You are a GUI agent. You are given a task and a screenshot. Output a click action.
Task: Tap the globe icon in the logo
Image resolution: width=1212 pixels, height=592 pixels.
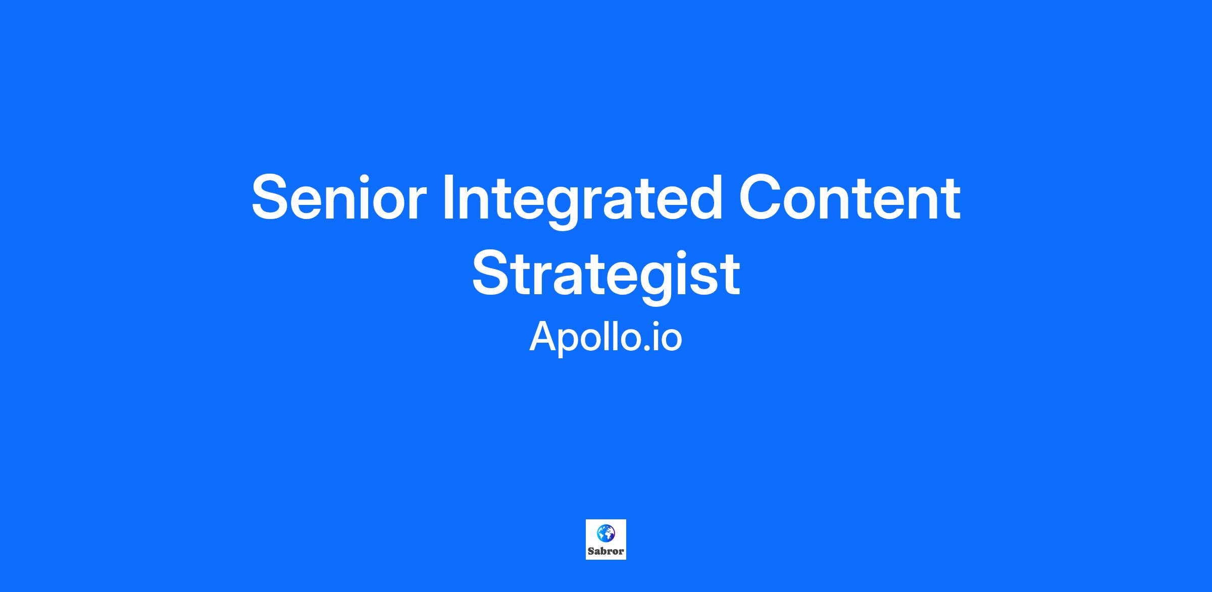click(606, 532)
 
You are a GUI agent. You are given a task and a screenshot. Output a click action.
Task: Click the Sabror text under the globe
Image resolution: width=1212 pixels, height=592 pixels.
click(606, 551)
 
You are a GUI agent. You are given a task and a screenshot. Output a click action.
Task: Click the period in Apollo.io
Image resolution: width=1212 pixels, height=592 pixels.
click(647, 349)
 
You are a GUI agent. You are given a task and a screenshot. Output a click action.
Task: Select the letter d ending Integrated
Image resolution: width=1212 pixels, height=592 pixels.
click(704, 197)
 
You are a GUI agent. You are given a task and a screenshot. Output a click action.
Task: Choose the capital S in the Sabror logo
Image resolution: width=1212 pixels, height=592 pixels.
click(591, 551)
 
